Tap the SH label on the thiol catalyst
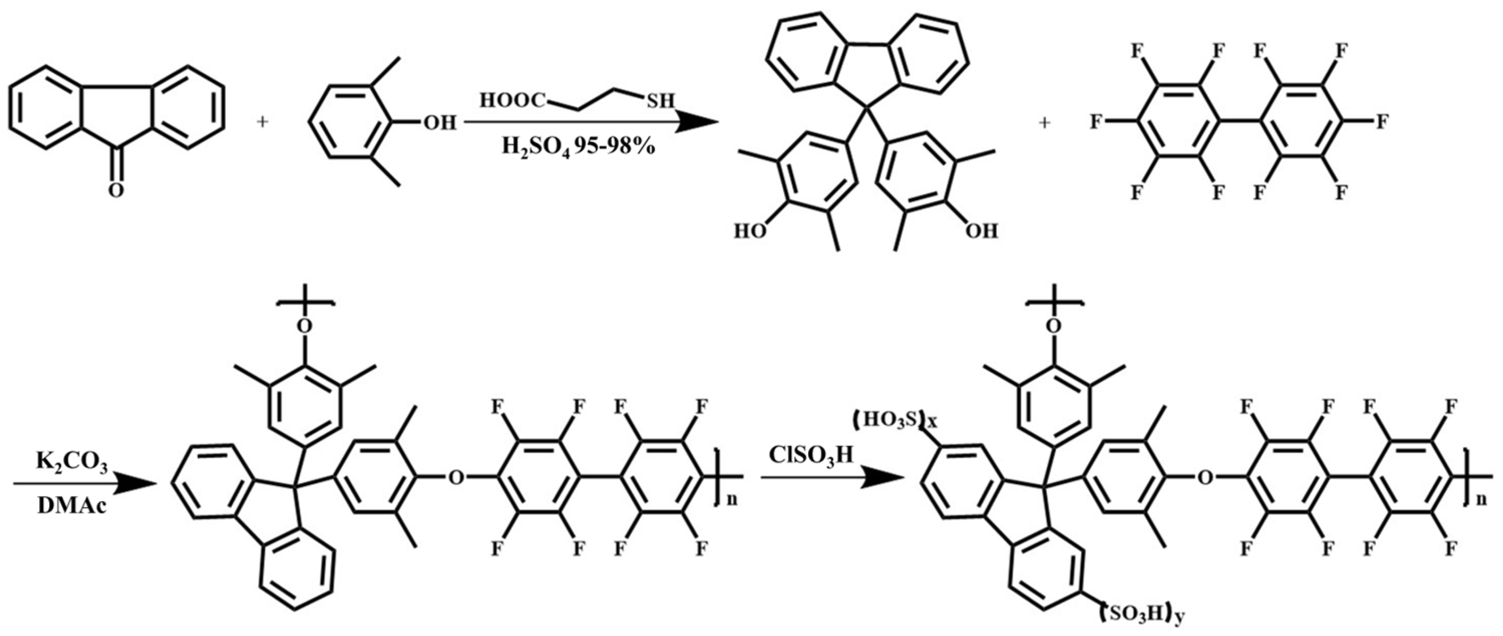coord(660,102)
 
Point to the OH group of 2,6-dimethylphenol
coord(440,123)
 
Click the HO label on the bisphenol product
coord(750,232)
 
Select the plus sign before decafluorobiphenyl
coord(1045,123)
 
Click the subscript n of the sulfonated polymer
coord(1493,500)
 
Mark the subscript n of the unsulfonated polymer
coord(732,500)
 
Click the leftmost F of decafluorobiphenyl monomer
coord(1096,123)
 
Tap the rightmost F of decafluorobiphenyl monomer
coord(1382,123)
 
